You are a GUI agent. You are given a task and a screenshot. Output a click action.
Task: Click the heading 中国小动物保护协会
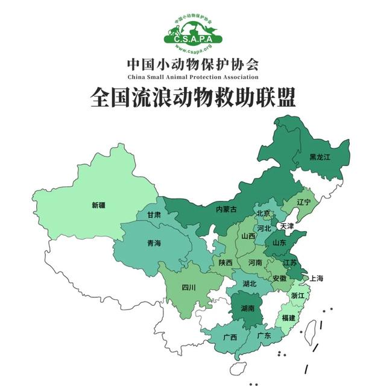[x=193, y=63]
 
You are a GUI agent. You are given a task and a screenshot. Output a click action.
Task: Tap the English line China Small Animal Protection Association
[x=193, y=77]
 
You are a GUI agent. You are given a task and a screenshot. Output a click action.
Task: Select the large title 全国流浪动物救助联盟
[x=193, y=97]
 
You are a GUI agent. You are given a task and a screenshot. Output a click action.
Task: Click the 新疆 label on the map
[x=98, y=205]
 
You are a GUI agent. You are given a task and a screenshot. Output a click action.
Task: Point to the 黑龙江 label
[x=320, y=157]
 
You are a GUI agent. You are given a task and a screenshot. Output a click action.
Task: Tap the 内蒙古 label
[x=226, y=209]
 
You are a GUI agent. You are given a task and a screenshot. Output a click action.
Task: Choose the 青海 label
[x=154, y=244]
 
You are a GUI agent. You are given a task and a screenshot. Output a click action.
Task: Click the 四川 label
[x=189, y=288]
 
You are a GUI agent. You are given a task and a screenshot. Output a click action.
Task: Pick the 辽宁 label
[x=303, y=203]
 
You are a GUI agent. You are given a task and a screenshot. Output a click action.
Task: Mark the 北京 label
[x=263, y=214]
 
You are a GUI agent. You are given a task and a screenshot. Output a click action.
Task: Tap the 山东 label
[x=279, y=242]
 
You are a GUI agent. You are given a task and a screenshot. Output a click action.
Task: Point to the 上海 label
[x=316, y=278]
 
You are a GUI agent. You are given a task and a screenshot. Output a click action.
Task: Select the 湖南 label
[x=247, y=308]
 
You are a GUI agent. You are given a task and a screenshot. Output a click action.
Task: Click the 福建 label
[x=289, y=318]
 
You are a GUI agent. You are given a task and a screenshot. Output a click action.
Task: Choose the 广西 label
[x=230, y=337]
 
